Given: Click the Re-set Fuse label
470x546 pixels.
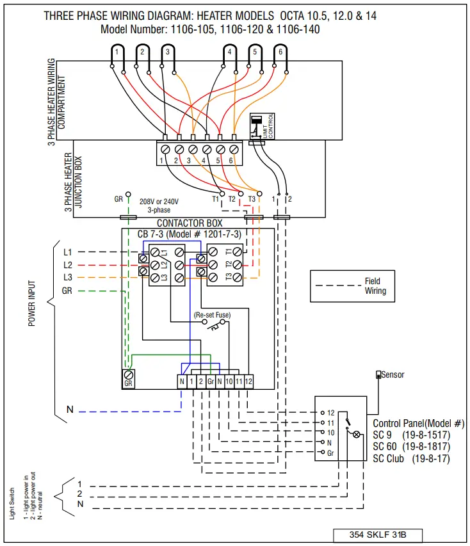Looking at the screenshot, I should tap(212, 315).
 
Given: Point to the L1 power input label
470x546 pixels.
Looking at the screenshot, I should tap(68, 252).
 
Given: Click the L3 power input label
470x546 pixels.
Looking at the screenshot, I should tap(68, 277).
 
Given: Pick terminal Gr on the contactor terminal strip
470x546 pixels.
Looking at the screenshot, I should tap(210, 381).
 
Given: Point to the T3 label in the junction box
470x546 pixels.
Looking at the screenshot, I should tap(252, 199).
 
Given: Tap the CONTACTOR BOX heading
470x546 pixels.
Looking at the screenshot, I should tap(190, 223).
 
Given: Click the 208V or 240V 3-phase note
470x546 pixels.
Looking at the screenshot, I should tap(159, 205).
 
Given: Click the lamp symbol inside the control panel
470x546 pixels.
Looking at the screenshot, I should tap(357, 433).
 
